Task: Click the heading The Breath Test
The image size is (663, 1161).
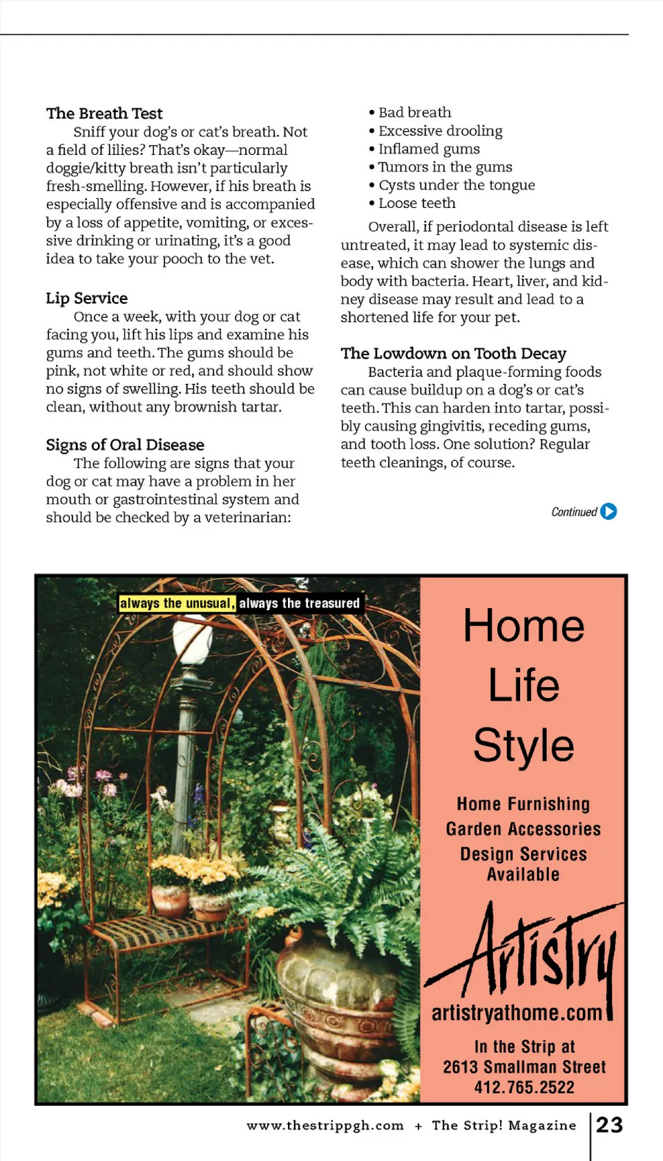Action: (104, 113)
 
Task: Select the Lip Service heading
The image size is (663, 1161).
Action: (87, 298)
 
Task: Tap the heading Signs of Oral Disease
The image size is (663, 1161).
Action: (125, 444)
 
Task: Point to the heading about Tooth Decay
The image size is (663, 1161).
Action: (453, 353)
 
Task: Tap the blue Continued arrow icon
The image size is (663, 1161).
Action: (608, 511)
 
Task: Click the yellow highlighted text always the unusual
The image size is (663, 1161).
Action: (177, 603)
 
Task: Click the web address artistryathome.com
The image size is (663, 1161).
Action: (517, 1013)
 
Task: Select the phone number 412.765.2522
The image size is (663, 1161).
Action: (523, 1087)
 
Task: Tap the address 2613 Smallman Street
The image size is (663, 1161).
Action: (523, 1067)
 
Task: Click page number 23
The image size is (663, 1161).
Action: (609, 1125)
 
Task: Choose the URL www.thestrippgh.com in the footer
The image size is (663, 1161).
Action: (325, 1126)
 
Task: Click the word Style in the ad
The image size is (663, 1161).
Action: (523, 745)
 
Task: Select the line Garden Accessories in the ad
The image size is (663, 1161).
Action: (523, 829)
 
